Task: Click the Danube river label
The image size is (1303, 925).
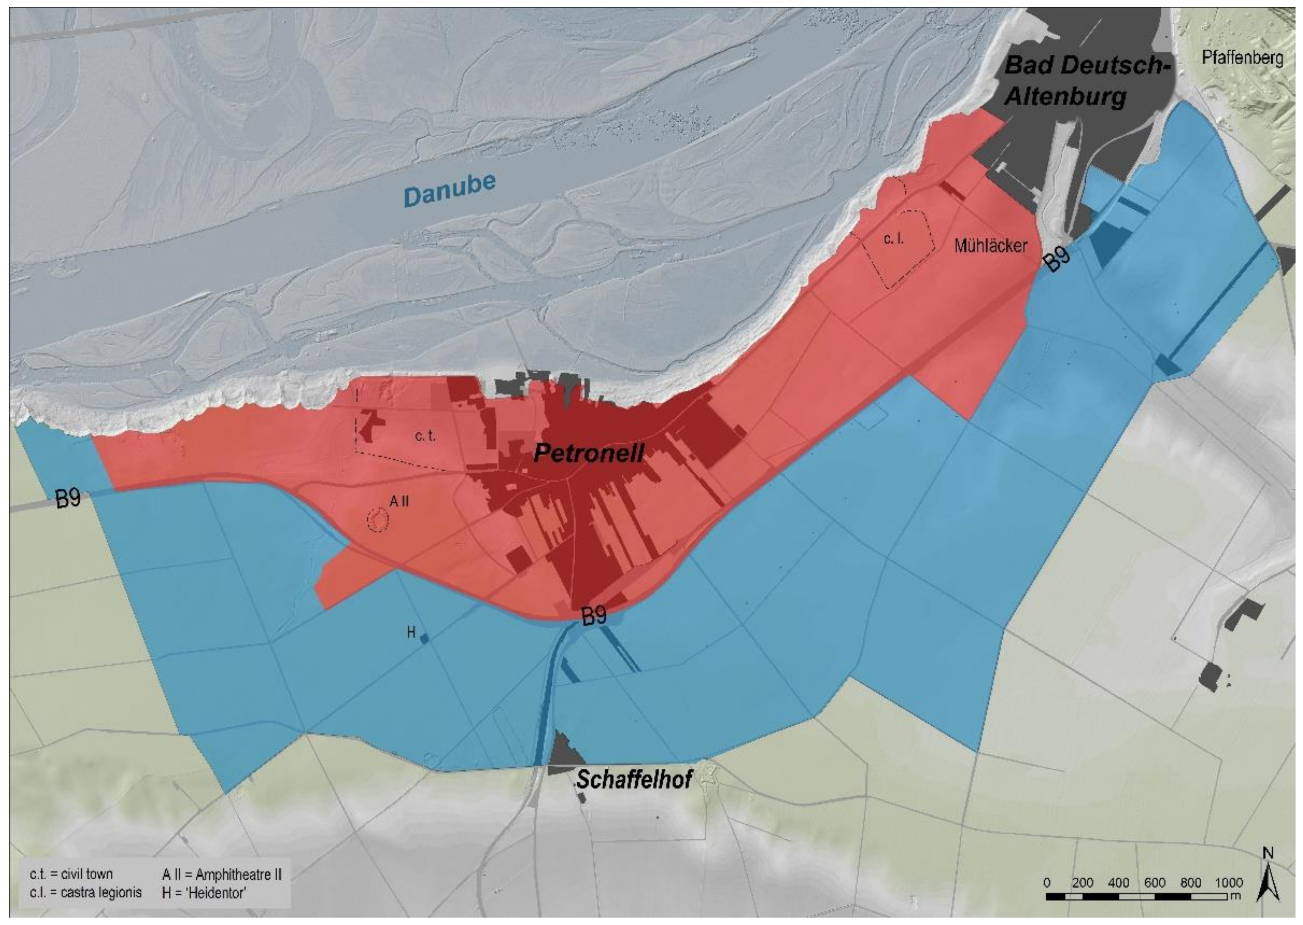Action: tap(450, 190)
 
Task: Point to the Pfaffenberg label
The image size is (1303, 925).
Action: tap(1242, 58)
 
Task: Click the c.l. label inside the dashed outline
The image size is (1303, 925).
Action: tap(893, 239)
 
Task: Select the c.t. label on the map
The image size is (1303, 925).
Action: tap(425, 436)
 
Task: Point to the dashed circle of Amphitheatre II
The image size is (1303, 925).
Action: tap(377, 519)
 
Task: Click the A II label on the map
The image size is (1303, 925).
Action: tap(399, 501)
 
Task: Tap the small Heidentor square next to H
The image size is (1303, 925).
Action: tap(424, 639)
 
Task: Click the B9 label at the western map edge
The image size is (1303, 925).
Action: tap(68, 499)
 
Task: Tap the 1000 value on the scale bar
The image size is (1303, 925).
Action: tap(1228, 883)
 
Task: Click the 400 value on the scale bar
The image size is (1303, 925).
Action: tap(1118, 883)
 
